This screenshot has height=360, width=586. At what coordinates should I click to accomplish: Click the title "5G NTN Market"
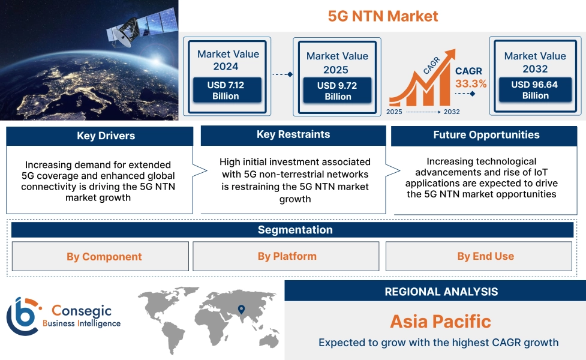[383, 16]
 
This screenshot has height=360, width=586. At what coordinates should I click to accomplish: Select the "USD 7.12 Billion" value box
[226, 91]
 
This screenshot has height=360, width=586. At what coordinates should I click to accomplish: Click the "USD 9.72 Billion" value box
[337, 91]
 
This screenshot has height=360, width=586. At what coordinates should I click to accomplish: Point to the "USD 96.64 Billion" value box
[535, 90]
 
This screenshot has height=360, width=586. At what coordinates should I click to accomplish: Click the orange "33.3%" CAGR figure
[471, 83]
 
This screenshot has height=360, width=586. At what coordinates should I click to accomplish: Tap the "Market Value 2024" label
[228, 60]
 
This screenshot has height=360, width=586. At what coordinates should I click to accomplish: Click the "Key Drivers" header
[100, 136]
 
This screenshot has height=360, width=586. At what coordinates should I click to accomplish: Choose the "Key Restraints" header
[293, 135]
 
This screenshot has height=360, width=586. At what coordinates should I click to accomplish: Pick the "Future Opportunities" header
[486, 135]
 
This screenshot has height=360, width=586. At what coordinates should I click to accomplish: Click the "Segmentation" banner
[294, 230]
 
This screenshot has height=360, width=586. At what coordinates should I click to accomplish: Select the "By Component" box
[100, 257]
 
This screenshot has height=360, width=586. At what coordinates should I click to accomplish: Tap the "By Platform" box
[287, 256]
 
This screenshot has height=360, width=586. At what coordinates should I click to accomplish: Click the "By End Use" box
[485, 256]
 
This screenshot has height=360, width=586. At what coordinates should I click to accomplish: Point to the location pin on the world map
[241, 310]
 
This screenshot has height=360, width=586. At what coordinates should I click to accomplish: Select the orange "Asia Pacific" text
[440, 321]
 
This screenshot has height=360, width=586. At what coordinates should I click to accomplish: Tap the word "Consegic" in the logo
[82, 311]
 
